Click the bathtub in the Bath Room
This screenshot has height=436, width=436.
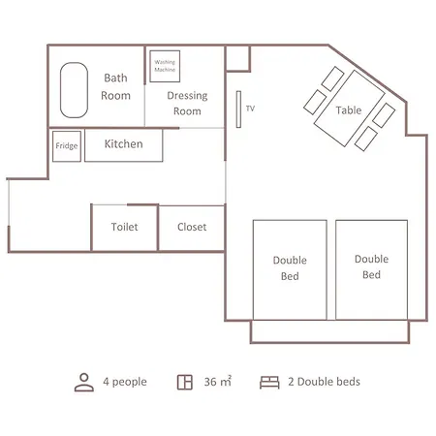(74, 90)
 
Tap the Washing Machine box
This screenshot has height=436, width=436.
(165, 66)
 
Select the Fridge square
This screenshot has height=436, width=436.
(67, 146)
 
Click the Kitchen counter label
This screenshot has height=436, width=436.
(123, 144)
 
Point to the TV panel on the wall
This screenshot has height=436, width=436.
(238, 109)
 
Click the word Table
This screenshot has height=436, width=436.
(349, 110)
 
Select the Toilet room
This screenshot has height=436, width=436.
(125, 228)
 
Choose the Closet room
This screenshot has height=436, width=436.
(192, 228)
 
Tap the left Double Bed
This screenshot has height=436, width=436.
(290, 270)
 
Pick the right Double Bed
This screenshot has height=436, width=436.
(371, 270)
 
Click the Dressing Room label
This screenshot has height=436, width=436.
(187, 104)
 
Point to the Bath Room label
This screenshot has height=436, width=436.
(115, 87)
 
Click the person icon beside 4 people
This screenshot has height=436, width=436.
(84, 383)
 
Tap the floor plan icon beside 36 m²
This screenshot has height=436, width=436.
(185, 383)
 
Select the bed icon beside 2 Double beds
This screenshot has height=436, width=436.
(269, 383)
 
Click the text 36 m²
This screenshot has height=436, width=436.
(218, 382)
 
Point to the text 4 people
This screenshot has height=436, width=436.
(125, 382)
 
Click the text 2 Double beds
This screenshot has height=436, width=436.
(325, 382)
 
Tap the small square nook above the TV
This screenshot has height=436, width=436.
(238, 58)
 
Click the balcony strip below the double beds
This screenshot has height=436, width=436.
(329, 331)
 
